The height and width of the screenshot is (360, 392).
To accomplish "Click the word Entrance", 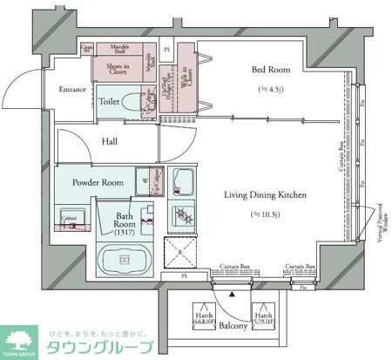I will coord(72,89).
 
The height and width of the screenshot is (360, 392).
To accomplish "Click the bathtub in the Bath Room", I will coord(123,261).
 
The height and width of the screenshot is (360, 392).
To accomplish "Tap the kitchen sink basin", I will coord(184,183).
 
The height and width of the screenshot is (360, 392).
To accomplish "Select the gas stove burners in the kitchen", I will coord(184,217).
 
